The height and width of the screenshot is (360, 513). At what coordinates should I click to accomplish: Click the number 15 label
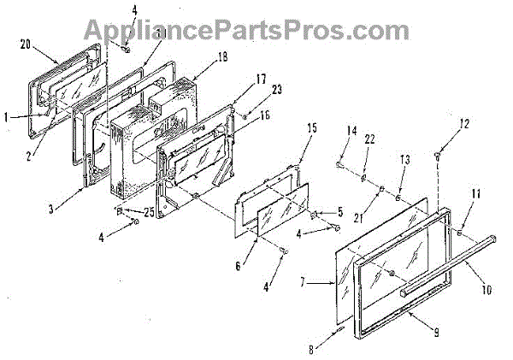click(313, 127)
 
